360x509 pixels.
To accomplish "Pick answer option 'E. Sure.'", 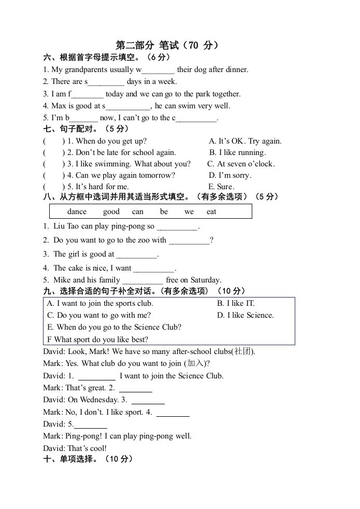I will pos(221,187).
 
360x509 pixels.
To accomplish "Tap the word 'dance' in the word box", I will pos(77,211).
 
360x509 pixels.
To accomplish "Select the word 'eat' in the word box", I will pos(211,211).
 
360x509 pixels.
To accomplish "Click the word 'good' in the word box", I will pos(111,211).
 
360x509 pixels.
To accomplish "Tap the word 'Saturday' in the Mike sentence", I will pos(206,280).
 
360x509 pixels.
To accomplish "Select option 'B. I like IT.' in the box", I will pos(236,303).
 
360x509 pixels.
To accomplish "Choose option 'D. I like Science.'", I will pos(245,315).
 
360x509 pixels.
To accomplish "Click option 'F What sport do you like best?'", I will pos(97,340).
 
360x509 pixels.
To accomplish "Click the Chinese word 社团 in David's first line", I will pos(243,351).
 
